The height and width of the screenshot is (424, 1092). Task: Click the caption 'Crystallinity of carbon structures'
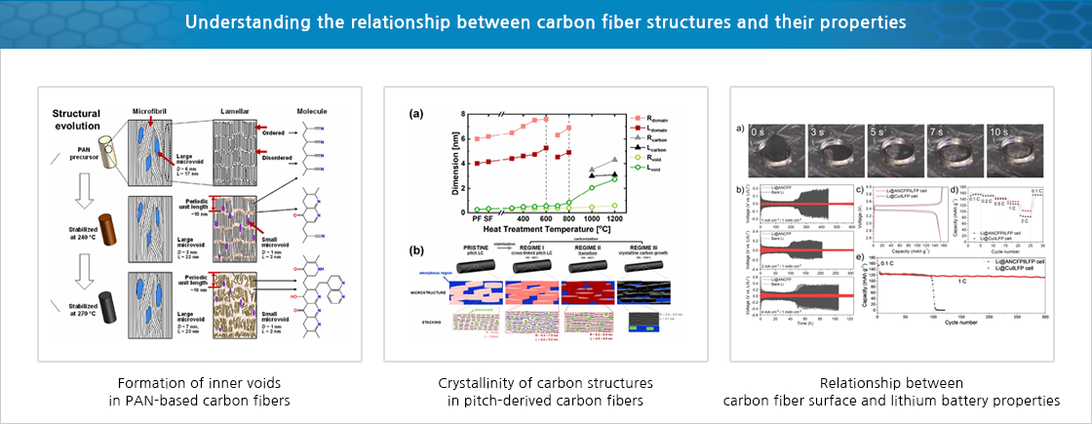pyautogui.click(x=545, y=382)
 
